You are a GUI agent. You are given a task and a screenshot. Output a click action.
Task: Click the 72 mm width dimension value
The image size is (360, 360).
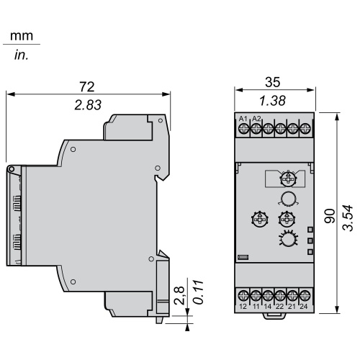point(87,86)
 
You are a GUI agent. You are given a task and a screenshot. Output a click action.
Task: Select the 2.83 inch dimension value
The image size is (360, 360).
point(88,105)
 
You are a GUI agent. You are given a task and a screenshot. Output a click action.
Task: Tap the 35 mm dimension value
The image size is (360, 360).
point(273,82)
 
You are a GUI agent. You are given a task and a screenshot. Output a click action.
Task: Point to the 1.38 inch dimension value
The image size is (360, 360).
point(273,101)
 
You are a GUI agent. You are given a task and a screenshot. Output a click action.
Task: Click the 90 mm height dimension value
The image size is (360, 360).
point(330,216)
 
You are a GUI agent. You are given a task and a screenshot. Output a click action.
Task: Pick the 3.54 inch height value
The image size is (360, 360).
point(348,218)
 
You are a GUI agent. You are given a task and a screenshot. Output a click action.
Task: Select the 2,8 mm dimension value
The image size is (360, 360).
point(179,295)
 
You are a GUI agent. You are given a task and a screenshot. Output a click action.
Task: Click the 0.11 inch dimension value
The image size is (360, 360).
point(198,292)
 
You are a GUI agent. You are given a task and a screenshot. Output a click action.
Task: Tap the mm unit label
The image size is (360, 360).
point(22,36)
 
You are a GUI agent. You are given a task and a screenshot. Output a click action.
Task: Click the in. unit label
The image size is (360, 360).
point(22,55)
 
